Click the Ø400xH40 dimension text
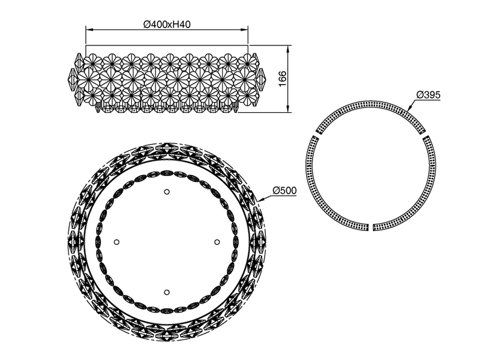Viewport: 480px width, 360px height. click(x=167, y=23)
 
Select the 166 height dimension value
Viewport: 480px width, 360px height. click(x=283, y=78)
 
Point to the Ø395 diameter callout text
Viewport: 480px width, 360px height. click(x=428, y=95)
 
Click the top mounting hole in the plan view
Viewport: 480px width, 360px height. click(x=167, y=192)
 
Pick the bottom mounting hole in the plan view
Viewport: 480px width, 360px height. click(x=167, y=292)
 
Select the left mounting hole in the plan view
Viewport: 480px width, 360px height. click(x=117, y=242)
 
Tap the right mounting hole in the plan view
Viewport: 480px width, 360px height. click(x=217, y=242)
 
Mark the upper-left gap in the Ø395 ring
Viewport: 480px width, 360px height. click(x=314, y=134)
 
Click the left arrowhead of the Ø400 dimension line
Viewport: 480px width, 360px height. click(x=88, y=28)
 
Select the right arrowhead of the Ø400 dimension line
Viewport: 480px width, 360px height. click(x=246, y=28)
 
